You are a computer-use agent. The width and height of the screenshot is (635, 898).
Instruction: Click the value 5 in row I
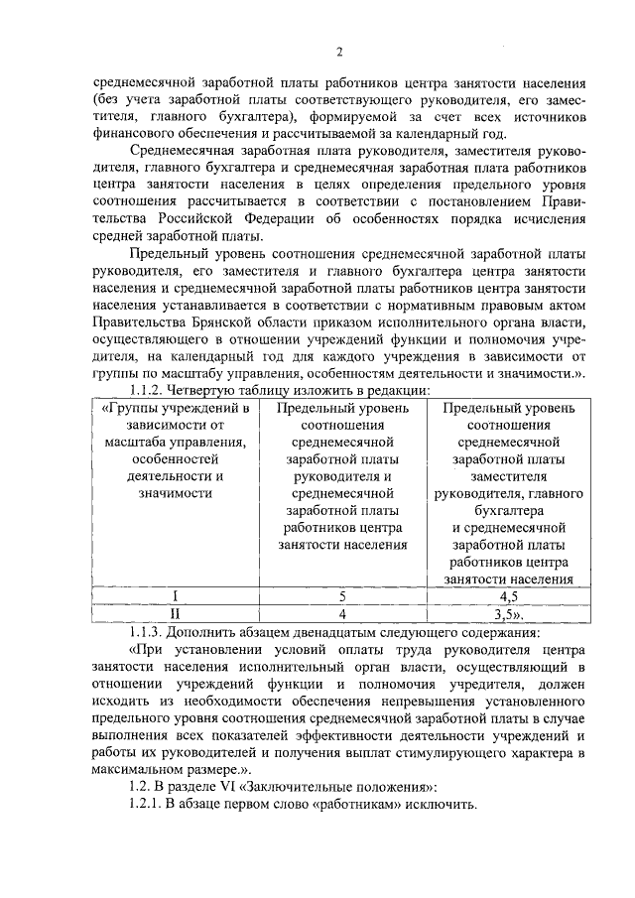coord(342,596)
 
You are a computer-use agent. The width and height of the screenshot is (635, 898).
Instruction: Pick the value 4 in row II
coord(342,614)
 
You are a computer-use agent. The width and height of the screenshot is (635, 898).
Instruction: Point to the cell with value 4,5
coord(510,596)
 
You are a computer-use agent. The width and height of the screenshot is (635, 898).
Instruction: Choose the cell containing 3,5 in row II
coord(510,614)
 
